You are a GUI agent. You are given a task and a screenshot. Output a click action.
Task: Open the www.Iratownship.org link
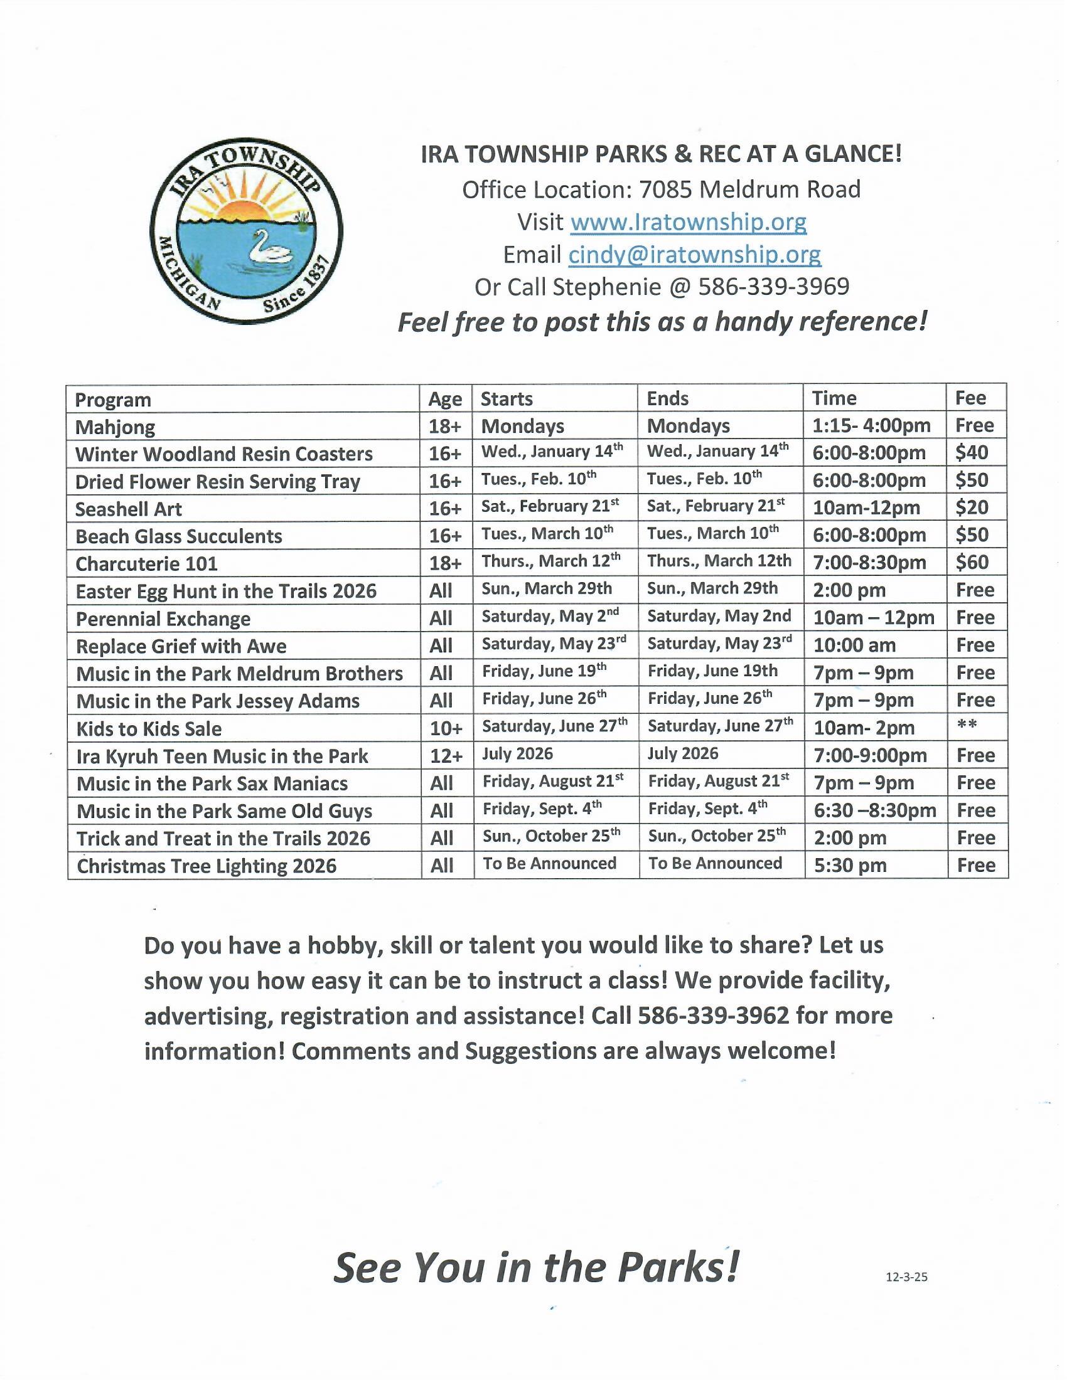pyautogui.click(x=689, y=222)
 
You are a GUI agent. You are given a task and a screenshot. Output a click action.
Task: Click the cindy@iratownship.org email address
pyautogui.click(x=694, y=255)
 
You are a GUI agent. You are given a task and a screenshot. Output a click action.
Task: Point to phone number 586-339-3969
pyautogui.click(x=774, y=287)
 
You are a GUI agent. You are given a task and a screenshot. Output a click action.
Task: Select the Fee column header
pyautogui.click(x=970, y=398)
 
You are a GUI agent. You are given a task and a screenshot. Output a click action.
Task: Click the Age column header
pyautogui.click(x=445, y=400)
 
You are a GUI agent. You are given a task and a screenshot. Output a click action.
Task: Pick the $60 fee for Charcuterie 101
pyautogui.click(x=972, y=563)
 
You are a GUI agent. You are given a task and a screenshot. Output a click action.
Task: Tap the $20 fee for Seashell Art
pyautogui.click(x=972, y=508)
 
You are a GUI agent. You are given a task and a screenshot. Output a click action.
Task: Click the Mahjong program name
pyautogui.click(x=115, y=428)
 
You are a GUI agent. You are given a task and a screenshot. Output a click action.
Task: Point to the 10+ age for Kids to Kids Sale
pyautogui.click(x=446, y=728)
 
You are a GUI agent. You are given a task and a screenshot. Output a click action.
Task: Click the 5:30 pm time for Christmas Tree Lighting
pyautogui.click(x=850, y=865)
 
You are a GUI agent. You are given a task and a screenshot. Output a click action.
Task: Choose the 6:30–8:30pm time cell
pyautogui.click(x=874, y=810)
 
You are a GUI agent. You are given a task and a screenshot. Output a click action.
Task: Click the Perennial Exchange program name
pyautogui.click(x=163, y=619)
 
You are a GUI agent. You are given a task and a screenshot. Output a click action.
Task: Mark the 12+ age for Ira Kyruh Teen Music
pyautogui.click(x=446, y=756)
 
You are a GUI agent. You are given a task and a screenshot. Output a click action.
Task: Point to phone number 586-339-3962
pyautogui.click(x=714, y=1016)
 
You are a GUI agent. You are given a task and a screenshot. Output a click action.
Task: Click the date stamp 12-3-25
pyautogui.click(x=906, y=1277)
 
